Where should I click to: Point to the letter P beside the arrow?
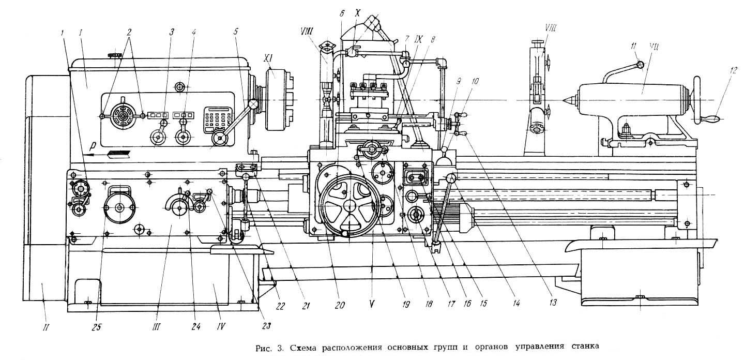coord(93,145)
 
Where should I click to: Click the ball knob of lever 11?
coord(641,65)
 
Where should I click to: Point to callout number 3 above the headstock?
coord(172,32)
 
